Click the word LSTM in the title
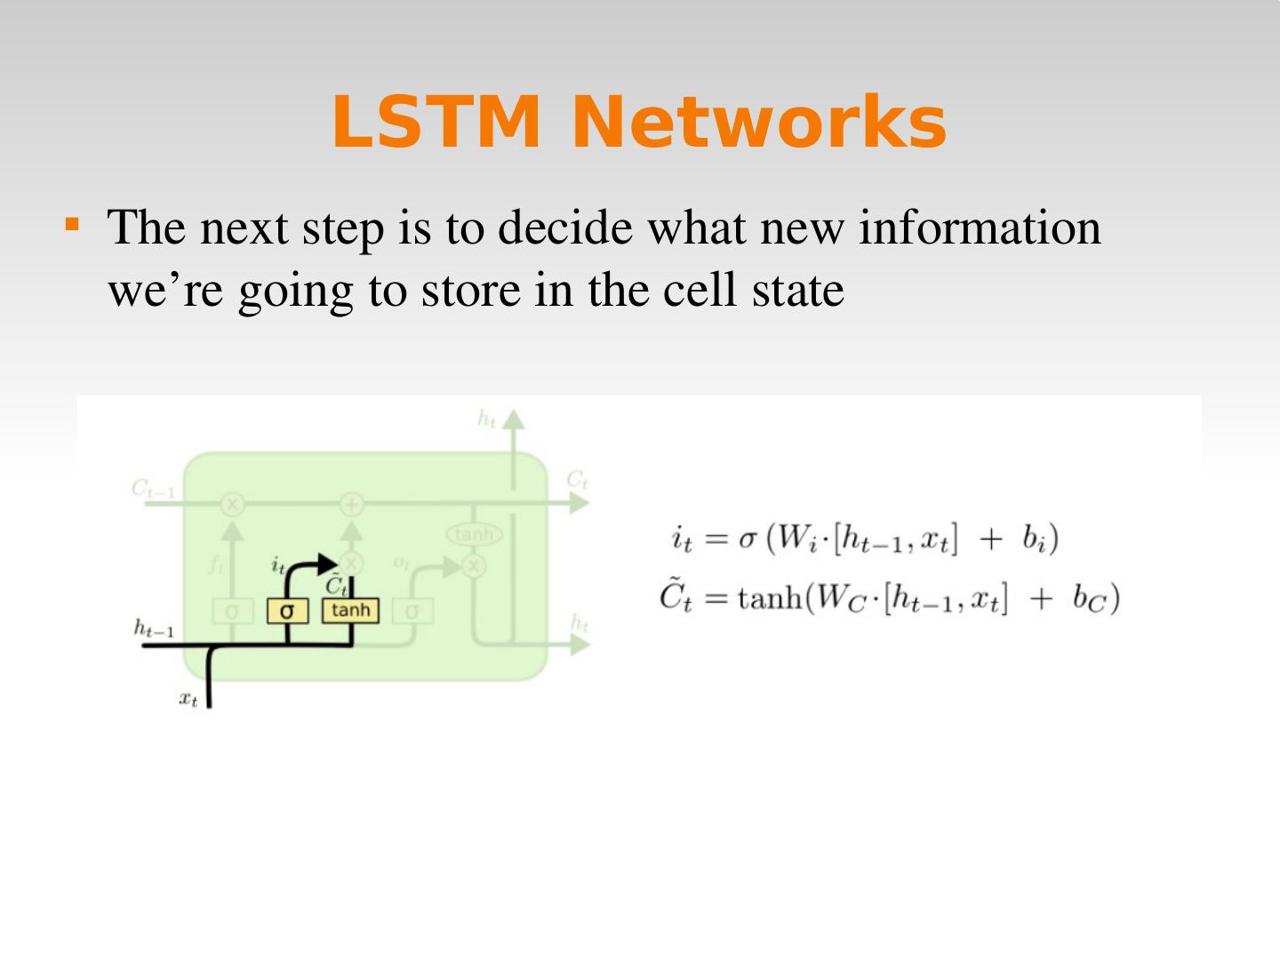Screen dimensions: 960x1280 coord(436,122)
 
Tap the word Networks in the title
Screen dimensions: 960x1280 coord(758,122)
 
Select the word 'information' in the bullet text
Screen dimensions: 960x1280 coord(979,228)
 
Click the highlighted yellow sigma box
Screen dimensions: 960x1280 coord(286,612)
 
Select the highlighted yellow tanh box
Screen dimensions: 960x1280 coord(350,610)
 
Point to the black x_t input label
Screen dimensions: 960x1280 coord(188,700)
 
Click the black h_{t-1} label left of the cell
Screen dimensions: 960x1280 coord(153,628)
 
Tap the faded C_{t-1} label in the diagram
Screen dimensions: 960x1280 coord(153,488)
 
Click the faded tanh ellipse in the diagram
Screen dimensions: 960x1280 coord(473,534)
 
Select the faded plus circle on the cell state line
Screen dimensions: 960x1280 coord(352,505)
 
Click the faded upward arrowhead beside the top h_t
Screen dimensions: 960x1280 coord(513,420)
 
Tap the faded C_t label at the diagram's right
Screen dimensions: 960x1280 coord(577,481)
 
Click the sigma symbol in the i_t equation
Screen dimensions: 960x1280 coord(747,540)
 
